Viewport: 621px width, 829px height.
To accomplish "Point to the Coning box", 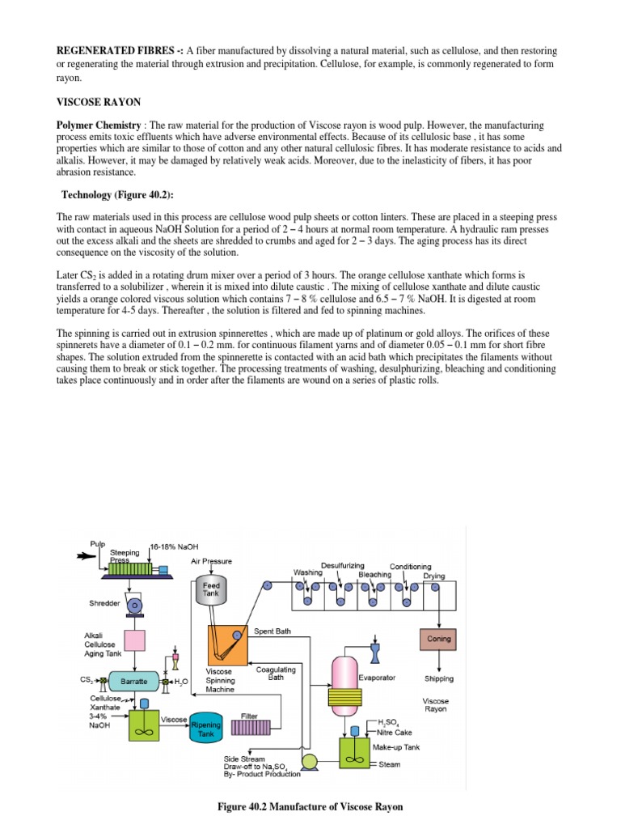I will point(438,639).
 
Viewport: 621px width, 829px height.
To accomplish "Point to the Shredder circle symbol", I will point(134,604).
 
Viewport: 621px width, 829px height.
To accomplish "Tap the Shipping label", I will point(438,678).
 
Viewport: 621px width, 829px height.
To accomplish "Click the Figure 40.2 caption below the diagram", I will point(310,806).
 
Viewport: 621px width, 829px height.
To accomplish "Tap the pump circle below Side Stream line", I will point(308,760).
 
